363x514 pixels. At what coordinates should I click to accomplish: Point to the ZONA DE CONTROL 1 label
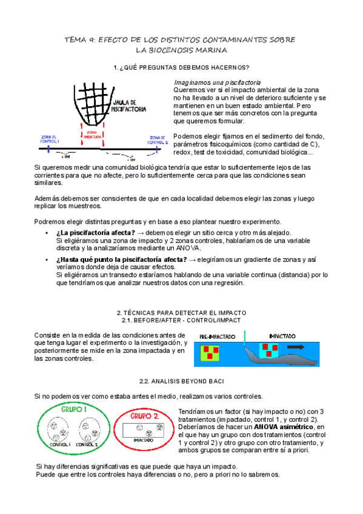tap(50, 139)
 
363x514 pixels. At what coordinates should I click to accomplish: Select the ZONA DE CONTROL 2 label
tap(157, 139)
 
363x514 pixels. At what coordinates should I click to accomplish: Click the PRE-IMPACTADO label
tap(216, 336)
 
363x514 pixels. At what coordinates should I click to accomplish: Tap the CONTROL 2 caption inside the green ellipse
tap(89, 444)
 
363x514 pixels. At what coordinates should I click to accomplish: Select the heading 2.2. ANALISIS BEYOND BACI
tap(181, 381)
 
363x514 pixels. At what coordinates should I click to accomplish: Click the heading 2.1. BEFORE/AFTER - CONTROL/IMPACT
tap(181, 319)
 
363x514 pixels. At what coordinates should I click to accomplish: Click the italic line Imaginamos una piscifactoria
tap(218, 81)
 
